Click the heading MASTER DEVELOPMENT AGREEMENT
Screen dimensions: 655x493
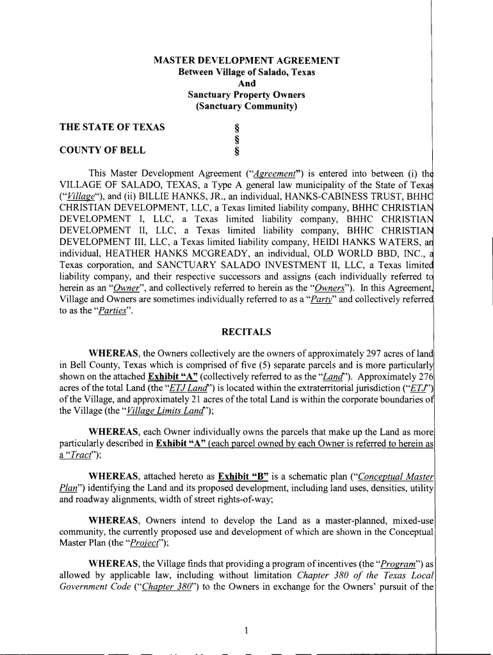click(x=247, y=61)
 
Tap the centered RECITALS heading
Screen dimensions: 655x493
click(x=247, y=332)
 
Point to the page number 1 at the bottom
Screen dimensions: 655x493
click(x=247, y=631)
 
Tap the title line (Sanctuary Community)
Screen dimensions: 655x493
click(x=247, y=106)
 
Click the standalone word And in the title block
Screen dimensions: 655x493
click(x=247, y=84)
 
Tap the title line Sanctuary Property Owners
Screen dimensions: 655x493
click(x=247, y=95)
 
